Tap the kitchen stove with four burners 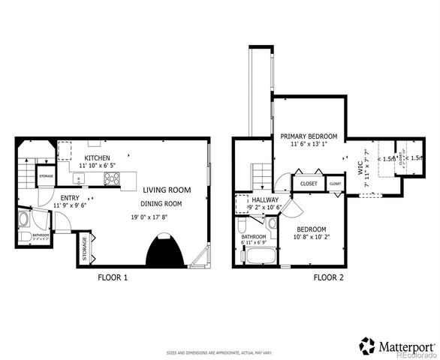tap(111, 178)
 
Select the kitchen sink tap(80, 178)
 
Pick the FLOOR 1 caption tap(113, 277)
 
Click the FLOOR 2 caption tap(328, 277)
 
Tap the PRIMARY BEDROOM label tap(309, 136)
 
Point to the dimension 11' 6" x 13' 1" tap(309, 145)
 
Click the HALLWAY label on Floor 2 tap(265, 199)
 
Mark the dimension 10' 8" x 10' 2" tap(310, 238)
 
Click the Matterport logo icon tap(368, 346)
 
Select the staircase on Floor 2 tap(260, 175)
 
